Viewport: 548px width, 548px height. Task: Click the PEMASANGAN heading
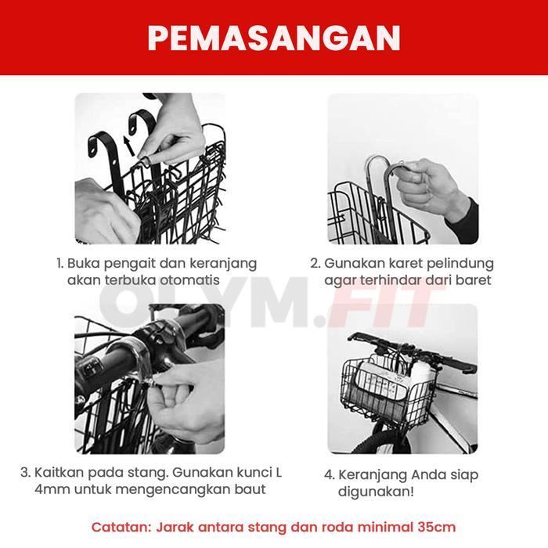click(x=274, y=37)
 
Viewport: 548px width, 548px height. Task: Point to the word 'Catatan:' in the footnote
click(x=121, y=527)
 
